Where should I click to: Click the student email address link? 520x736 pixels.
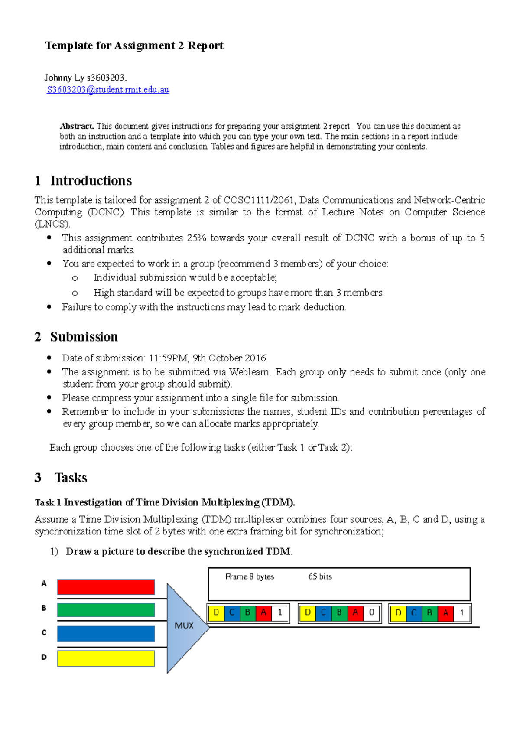pyautogui.click(x=108, y=90)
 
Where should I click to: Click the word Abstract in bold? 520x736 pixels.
pyautogui.click(x=77, y=126)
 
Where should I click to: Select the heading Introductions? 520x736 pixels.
pyautogui.click(x=91, y=180)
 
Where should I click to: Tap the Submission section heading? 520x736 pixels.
pyautogui.click(x=84, y=337)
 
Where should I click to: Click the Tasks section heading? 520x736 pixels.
pyautogui.click(x=71, y=478)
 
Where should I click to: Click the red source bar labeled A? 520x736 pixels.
pyautogui.click(x=106, y=587)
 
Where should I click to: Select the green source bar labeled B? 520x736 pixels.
pyautogui.click(x=106, y=610)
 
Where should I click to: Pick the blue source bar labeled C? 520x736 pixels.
pyautogui.click(x=106, y=633)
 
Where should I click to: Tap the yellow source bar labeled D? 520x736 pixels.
pyautogui.click(x=106, y=658)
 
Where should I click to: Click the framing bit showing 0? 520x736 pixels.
pyautogui.click(x=371, y=612)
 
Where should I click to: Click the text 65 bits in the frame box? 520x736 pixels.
pyautogui.click(x=320, y=576)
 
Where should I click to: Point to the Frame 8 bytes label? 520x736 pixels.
pyautogui.click(x=250, y=576)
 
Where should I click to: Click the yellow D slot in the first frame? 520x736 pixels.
pyautogui.click(x=216, y=612)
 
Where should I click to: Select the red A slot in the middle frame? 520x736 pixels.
pyautogui.click(x=355, y=612)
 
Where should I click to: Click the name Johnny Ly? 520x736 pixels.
pyautogui.click(x=64, y=78)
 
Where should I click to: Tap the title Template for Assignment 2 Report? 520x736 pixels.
pyautogui.click(x=134, y=46)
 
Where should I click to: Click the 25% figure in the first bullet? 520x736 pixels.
pyautogui.click(x=196, y=238)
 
